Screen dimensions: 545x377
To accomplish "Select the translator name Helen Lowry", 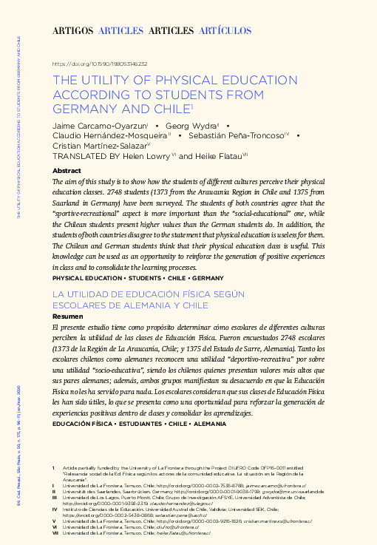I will (147, 157).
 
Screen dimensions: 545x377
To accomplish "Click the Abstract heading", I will (67, 170).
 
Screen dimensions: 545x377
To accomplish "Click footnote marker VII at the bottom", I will (55, 533).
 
